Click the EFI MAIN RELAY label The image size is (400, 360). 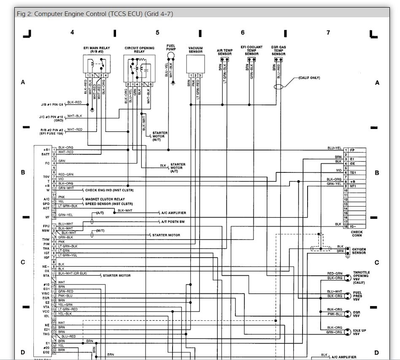click(x=97, y=50)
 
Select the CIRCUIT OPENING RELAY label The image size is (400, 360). click(x=139, y=50)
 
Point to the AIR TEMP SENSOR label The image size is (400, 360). click(x=224, y=52)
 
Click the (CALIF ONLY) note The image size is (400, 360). click(x=309, y=78)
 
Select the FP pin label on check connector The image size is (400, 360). click(x=352, y=150)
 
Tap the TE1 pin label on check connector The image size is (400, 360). click(x=353, y=172)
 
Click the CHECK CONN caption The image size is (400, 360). click(x=356, y=234)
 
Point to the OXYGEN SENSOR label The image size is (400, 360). click(x=359, y=251)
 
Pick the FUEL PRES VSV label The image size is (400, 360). click(x=357, y=296)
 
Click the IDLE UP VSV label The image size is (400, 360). click(x=359, y=332)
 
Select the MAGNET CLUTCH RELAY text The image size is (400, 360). click(x=105, y=199)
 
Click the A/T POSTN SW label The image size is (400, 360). click(x=173, y=221)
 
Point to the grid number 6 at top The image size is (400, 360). click(x=243, y=32)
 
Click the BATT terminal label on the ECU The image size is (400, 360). click(x=46, y=154)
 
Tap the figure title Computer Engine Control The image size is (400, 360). click(x=95, y=14)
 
